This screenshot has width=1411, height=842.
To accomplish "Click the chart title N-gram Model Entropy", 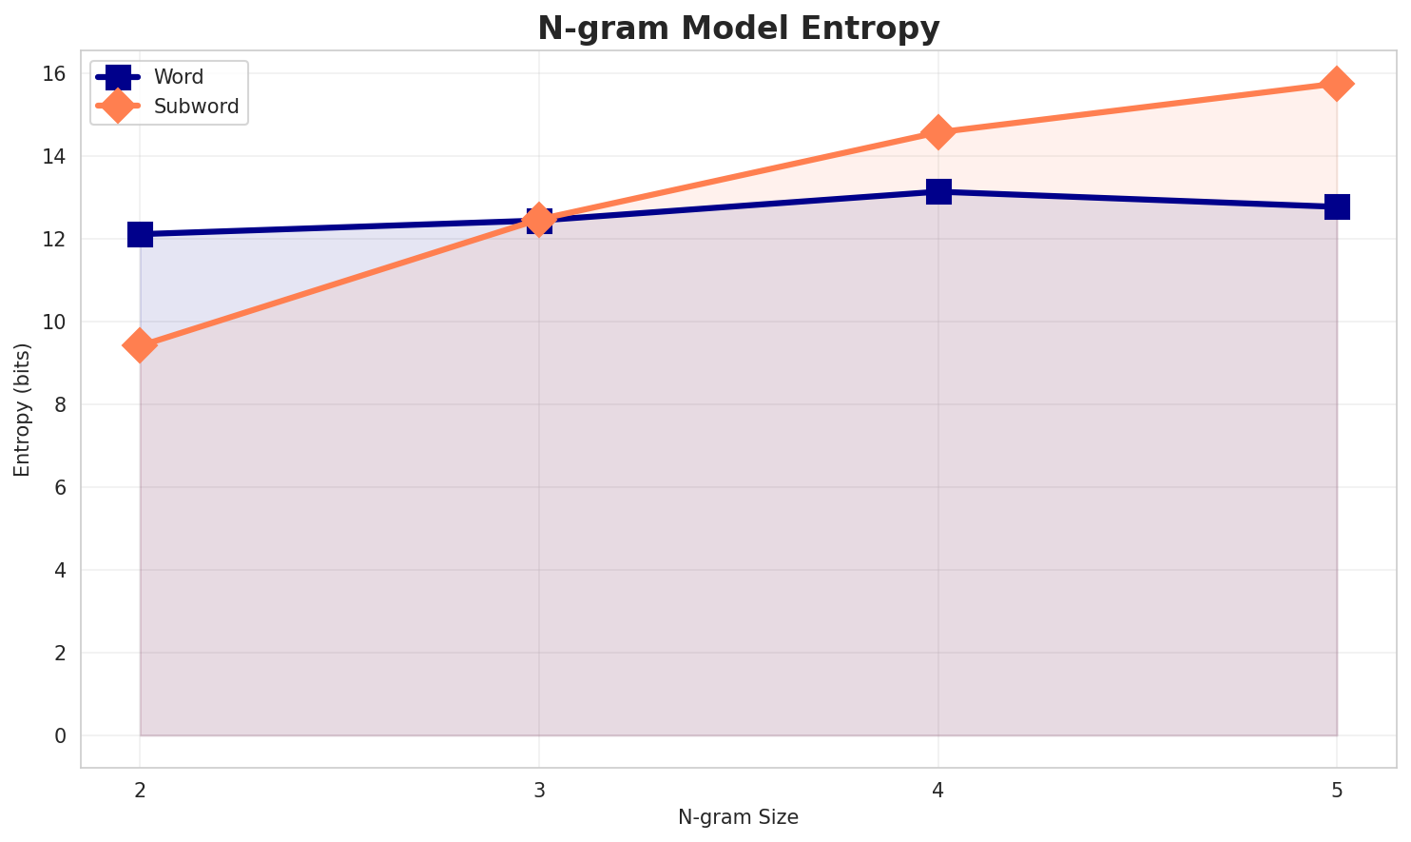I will pos(738,29).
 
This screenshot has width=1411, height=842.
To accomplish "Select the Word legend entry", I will pos(178,77).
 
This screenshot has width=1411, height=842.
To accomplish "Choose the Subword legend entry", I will pos(196,106).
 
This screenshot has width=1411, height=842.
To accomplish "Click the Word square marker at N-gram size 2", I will pos(140,234).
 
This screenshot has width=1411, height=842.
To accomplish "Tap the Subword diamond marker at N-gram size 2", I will pos(140,345).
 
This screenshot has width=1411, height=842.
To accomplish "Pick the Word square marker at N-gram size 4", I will pos(938,191).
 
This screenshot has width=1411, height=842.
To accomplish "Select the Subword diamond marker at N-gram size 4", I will pos(938,132).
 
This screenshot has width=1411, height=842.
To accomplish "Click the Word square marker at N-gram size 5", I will pos(1337,206).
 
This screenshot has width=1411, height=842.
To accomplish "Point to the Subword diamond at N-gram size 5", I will pos(1337,84).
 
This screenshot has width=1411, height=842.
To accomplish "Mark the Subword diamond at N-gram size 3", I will pos(539,220).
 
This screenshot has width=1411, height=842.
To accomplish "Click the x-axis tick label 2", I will pos(140,790).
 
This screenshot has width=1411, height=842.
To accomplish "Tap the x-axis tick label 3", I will pos(539,790).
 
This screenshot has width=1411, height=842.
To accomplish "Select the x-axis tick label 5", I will pos(1337,790).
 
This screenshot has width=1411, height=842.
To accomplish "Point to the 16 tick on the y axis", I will pos(55,73).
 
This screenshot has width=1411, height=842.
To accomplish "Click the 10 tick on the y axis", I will pos(55,322).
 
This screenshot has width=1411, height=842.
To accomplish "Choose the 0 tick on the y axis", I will pos(60,735).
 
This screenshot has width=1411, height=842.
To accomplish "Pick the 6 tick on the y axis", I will pos(60,487).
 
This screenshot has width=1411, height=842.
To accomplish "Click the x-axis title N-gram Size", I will pos(738,817).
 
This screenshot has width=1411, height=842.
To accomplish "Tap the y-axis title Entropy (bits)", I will pos(22,409).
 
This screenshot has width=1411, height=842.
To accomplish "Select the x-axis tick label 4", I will pos(938,790).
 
